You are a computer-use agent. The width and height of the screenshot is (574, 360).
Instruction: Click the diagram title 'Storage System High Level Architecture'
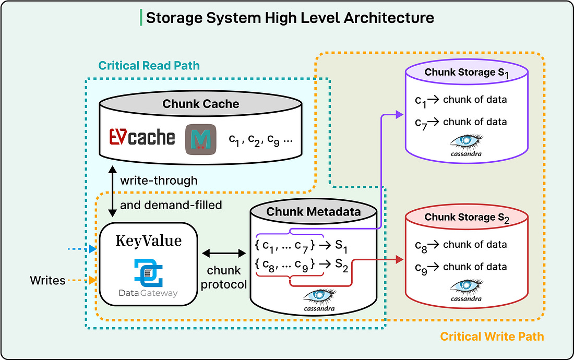[290, 18]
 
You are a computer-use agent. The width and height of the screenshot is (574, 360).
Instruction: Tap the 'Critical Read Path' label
[149, 66]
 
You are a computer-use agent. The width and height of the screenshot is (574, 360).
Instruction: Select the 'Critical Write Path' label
[492, 336]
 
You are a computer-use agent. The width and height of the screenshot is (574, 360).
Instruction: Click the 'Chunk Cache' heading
[200, 104]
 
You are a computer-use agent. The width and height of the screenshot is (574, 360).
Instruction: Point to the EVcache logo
[142, 137]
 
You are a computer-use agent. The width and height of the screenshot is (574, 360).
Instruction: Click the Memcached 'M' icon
[200, 139]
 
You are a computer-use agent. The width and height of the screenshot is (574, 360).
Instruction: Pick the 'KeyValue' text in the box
[149, 241]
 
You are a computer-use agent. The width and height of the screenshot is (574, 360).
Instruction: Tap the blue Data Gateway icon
[148, 273]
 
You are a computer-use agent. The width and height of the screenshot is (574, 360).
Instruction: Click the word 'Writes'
[47, 281]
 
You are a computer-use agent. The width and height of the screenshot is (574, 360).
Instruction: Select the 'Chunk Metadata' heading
[314, 212]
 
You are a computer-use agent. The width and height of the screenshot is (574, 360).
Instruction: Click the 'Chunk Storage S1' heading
[467, 73]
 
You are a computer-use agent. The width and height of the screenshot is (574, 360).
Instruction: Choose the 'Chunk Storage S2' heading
[467, 218]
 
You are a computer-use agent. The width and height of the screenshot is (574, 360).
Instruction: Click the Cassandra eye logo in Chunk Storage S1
[466, 145]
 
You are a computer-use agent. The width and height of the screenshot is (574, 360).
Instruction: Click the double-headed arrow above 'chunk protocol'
[224, 253]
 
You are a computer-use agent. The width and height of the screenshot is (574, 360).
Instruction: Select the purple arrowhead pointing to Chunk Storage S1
[399, 114]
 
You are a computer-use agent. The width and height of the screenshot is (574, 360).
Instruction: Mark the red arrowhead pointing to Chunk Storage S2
[399, 260]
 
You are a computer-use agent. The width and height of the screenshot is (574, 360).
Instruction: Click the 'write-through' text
[159, 181]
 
